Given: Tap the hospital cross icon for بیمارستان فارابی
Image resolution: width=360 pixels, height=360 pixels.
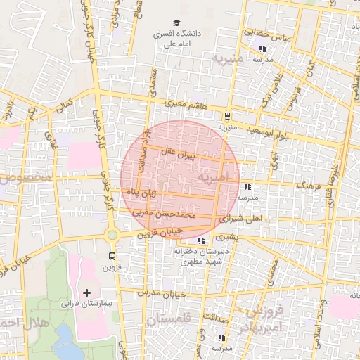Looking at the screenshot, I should click(x=86, y=292).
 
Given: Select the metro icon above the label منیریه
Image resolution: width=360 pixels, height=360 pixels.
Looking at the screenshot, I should click(x=227, y=117).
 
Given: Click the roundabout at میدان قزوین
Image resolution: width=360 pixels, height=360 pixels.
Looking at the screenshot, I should click(x=111, y=234).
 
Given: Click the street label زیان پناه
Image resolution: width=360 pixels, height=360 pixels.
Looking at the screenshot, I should click(x=142, y=191).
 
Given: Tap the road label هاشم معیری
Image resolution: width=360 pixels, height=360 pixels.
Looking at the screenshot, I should click(x=186, y=103).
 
